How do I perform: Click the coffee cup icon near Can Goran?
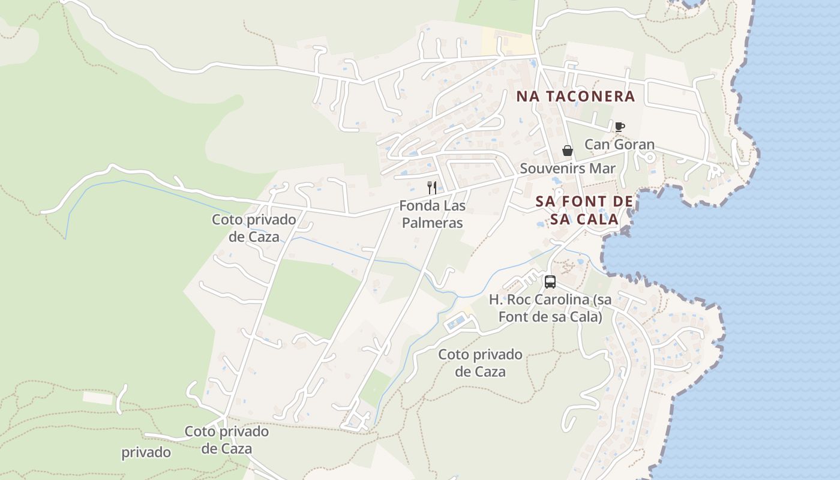[x=620, y=127]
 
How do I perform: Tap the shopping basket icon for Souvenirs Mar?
[x=567, y=151]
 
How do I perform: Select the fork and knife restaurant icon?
[x=432, y=187]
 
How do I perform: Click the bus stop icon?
[x=550, y=281]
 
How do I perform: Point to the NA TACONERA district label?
[x=575, y=96]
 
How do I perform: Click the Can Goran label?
[x=619, y=145]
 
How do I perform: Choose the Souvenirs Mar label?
[x=568, y=169]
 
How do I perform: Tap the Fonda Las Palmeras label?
[x=432, y=214]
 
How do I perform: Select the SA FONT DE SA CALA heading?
[x=584, y=210]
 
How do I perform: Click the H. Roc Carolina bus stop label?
[x=550, y=308]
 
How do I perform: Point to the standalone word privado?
[x=146, y=452]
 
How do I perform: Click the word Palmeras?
[x=432, y=223]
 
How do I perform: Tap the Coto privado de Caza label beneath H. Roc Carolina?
[x=480, y=363]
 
